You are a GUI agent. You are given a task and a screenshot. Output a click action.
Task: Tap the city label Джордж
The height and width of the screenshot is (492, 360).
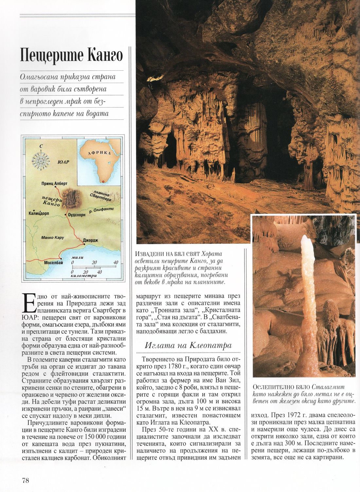(91, 240)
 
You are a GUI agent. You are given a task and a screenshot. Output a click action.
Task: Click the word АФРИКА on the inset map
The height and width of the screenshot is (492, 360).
(100, 154)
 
